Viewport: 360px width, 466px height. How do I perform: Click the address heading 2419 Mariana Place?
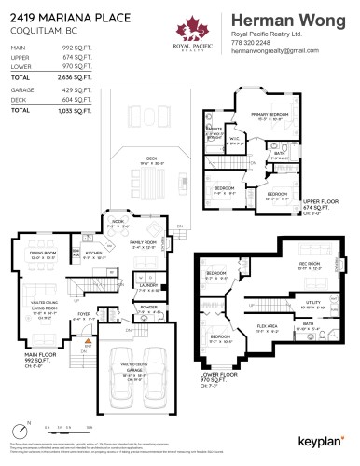click(58, 16)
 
